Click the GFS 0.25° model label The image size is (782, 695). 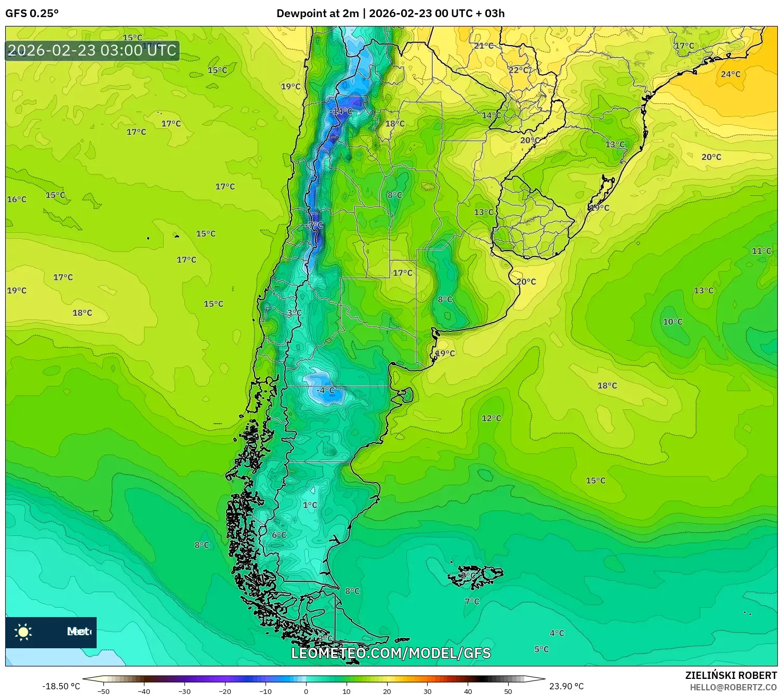(x=32, y=14)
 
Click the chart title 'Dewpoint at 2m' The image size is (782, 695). (x=317, y=14)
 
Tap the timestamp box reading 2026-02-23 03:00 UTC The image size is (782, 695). (x=92, y=51)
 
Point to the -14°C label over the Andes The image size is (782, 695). (x=341, y=111)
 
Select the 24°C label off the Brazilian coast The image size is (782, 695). (x=730, y=74)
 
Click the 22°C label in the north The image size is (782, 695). (x=518, y=70)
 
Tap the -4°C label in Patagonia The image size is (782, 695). (x=326, y=390)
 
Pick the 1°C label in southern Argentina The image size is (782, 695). (x=310, y=505)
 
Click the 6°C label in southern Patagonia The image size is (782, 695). (x=279, y=535)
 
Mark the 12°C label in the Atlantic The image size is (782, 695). (x=491, y=418)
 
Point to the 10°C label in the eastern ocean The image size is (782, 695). (x=672, y=322)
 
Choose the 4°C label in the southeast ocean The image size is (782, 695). (x=556, y=633)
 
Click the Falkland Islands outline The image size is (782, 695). (x=475, y=576)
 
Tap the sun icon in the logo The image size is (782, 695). (x=23, y=632)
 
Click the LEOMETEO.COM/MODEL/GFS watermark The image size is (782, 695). (x=391, y=653)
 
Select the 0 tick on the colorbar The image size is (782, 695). (x=306, y=691)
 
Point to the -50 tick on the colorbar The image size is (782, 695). (x=103, y=691)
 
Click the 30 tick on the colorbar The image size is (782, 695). (x=427, y=691)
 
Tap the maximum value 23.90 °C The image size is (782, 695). (x=566, y=686)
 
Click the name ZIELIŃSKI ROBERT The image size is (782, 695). (x=731, y=676)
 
